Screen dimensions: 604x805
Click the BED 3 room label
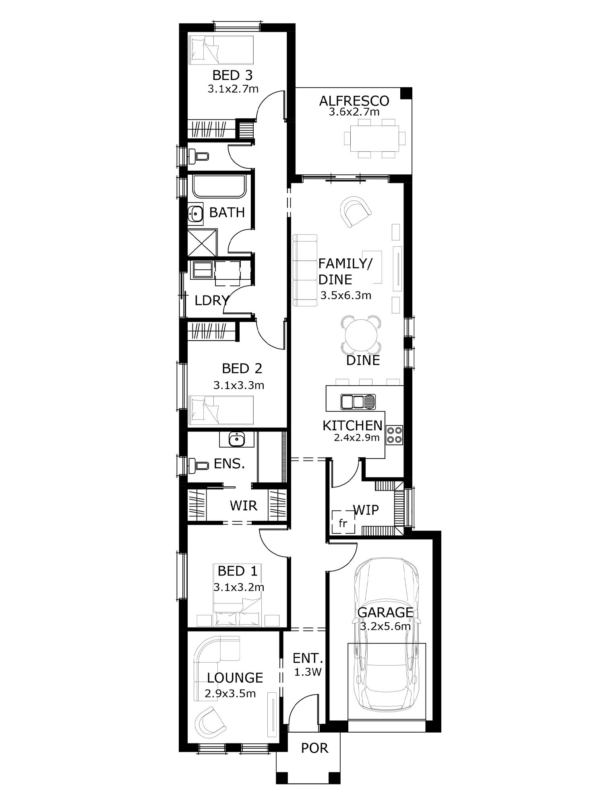click(x=232, y=75)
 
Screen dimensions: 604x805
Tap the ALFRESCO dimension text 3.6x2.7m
click(x=354, y=112)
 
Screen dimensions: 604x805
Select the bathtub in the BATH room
click(x=219, y=186)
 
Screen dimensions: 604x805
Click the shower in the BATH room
click(x=203, y=243)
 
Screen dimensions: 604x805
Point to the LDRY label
click(x=211, y=300)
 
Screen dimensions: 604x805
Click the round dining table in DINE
click(x=361, y=335)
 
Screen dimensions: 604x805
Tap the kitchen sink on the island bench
click(x=358, y=402)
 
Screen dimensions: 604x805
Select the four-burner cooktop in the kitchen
click(x=394, y=435)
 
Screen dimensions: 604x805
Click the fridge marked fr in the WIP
click(x=343, y=522)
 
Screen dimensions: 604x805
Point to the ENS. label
click(x=229, y=464)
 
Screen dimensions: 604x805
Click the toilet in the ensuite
click(x=199, y=465)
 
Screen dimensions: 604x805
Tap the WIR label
click(x=243, y=506)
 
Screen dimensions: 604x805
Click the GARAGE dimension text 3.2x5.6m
click(x=385, y=627)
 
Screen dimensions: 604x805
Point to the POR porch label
click(x=314, y=748)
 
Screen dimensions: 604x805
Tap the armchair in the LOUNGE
click(x=210, y=722)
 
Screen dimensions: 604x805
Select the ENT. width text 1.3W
click(x=308, y=672)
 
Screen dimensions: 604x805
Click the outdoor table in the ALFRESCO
click(x=374, y=138)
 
